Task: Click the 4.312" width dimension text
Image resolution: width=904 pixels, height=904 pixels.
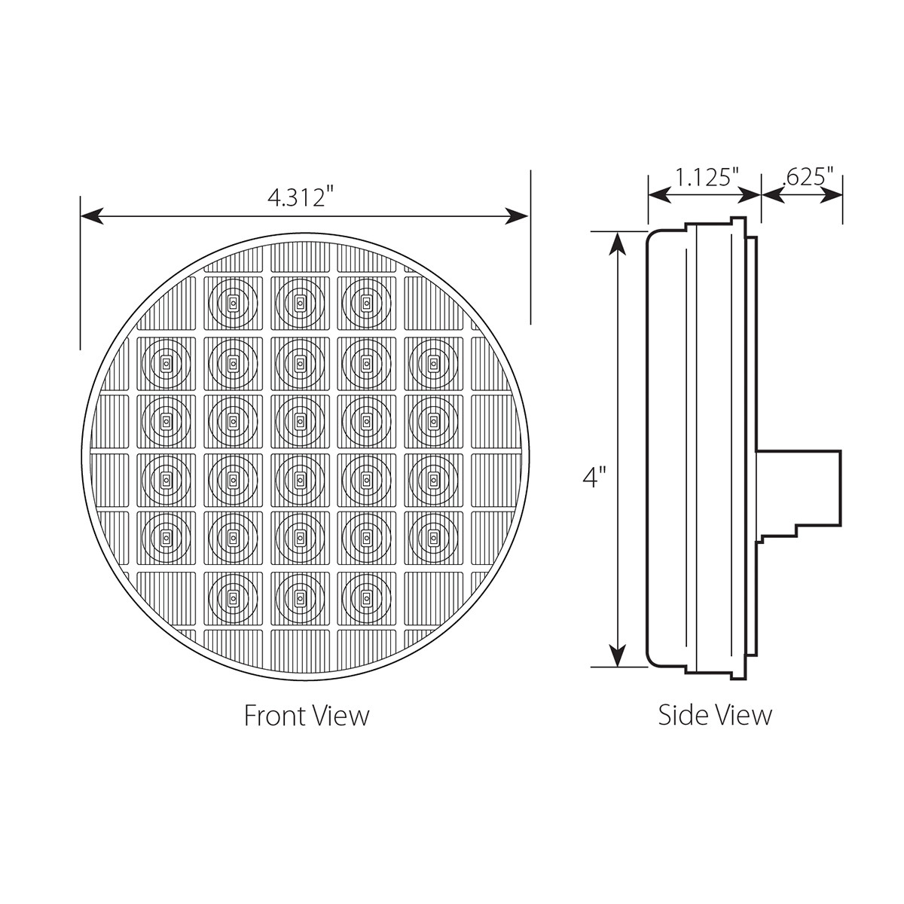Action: (x=300, y=197)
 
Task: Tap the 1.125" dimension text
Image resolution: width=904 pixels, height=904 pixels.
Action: (x=704, y=178)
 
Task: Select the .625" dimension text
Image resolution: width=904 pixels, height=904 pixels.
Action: (x=808, y=178)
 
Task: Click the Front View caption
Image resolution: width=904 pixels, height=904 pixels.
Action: (x=307, y=715)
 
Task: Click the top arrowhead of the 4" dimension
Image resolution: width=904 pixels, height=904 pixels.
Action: (x=618, y=243)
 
